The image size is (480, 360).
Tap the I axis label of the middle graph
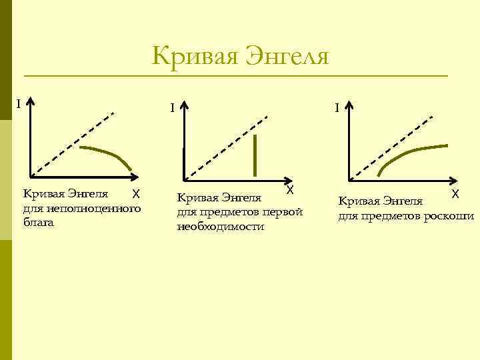[172, 107]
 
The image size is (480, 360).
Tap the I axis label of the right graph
[338, 107]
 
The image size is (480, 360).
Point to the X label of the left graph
[135, 193]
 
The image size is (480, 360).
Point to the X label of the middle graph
[291, 191]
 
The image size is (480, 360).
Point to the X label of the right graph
[454, 194]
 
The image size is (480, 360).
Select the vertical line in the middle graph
[255, 155]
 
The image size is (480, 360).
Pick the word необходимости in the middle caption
[220, 227]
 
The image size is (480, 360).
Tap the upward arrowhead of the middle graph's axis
[185, 106]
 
